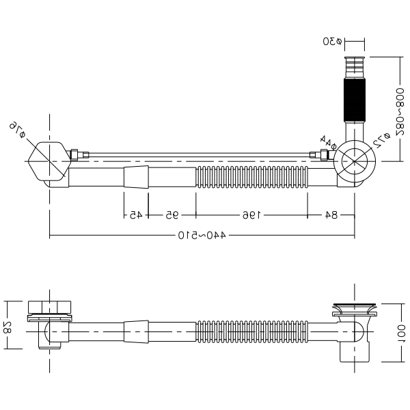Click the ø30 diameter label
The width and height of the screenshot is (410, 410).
pyautogui.click(x=332, y=41)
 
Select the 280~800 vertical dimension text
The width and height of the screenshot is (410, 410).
pyautogui.click(x=400, y=115)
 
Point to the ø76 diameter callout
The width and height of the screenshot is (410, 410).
pyautogui.click(x=18, y=130)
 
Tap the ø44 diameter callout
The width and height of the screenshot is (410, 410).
pyautogui.click(x=328, y=141)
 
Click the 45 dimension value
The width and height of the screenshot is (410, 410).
pyautogui.click(x=136, y=215)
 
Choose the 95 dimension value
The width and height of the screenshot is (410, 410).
pyautogui.click(x=172, y=215)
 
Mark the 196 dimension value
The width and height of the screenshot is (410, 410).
pyautogui.click(x=251, y=215)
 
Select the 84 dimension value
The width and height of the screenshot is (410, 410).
pyautogui.click(x=331, y=215)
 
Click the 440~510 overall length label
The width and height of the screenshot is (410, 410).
pyautogui.click(x=202, y=235)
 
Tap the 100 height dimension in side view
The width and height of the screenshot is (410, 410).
pyautogui.click(x=401, y=333)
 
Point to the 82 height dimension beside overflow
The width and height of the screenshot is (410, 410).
pyautogui.click(x=8, y=327)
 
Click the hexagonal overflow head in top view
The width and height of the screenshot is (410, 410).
pyautogui.click(x=49, y=161)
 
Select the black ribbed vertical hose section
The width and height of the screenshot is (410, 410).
pyautogui.click(x=354, y=100)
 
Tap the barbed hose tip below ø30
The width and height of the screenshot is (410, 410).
pyautogui.click(x=354, y=67)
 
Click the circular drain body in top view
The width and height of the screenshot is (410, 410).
pyautogui.click(x=355, y=161)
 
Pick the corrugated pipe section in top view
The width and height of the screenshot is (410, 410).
pyautogui.click(x=252, y=177)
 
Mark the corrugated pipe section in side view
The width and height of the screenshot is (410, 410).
pyautogui.click(x=252, y=331)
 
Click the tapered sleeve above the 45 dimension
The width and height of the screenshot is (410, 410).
pyautogui.click(x=136, y=177)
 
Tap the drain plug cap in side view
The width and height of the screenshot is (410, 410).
pyautogui.click(x=355, y=306)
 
